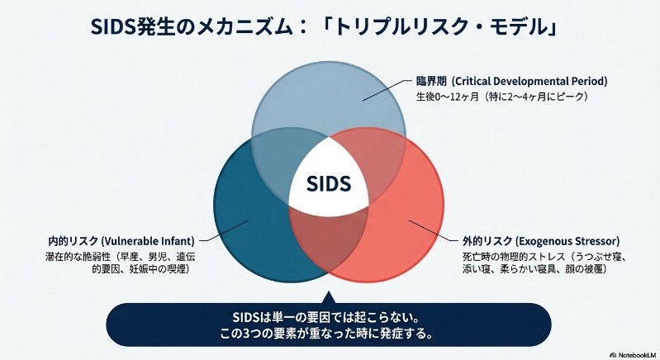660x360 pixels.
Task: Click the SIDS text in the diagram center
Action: (x=328, y=182)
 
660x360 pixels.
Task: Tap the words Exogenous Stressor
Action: (x=563, y=240)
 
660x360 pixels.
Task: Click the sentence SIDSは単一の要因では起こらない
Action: (x=329, y=318)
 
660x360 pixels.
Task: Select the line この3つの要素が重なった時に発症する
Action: (x=329, y=335)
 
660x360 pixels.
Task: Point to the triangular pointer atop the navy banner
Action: (x=328, y=296)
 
